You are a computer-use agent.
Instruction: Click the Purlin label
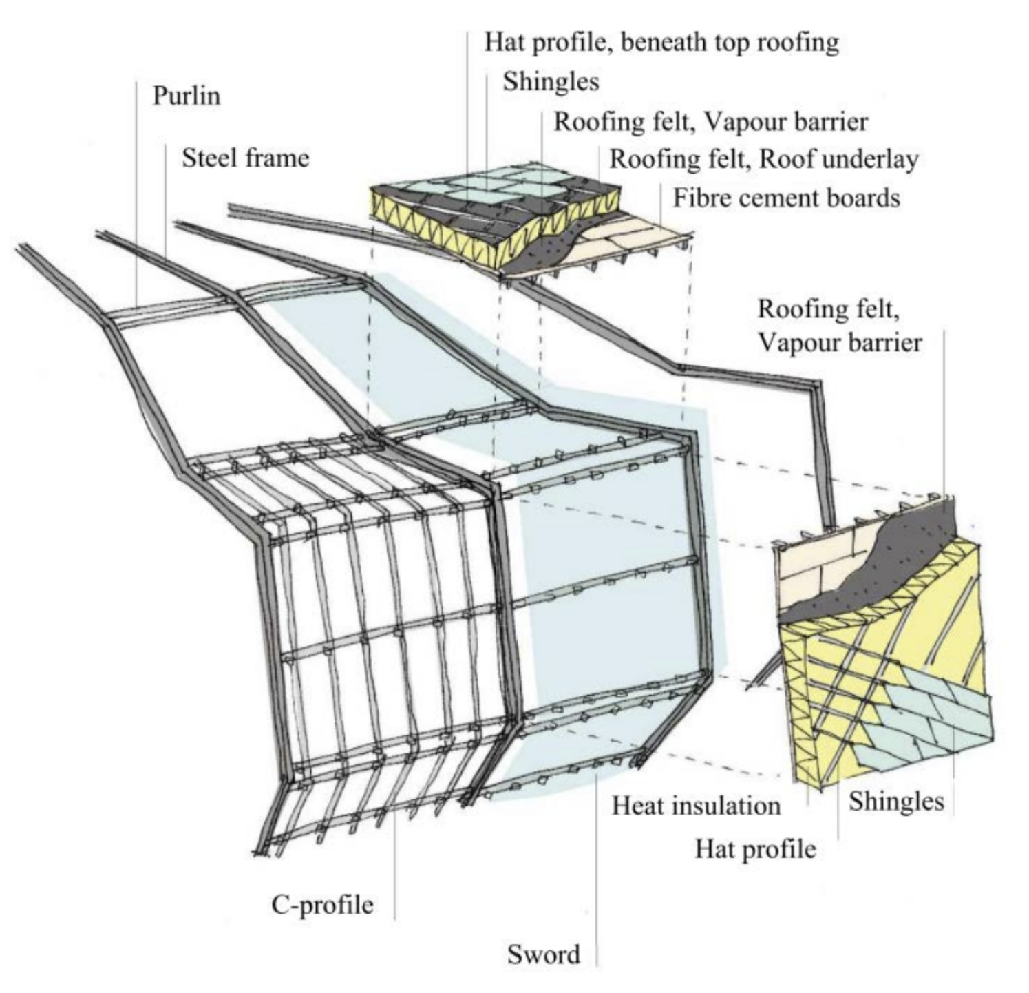tap(187, 95)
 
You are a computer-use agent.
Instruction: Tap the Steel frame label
tap(245, 158)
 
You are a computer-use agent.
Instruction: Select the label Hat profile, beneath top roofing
tap(661, 42)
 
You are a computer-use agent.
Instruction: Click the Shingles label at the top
tap(551, 81)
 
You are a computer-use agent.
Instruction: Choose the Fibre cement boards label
tap(786, 198)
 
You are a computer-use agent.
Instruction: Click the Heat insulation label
tap(696, 805)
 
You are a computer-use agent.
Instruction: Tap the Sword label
tap(544, 954)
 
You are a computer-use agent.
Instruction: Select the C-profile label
tap(322, 904)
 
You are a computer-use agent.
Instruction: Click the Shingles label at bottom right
tap(895, 801)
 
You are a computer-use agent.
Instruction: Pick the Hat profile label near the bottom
tap(755, 848)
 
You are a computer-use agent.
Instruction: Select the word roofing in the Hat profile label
tap(798, 42)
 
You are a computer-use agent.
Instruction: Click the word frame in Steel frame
tap(277, 158)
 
